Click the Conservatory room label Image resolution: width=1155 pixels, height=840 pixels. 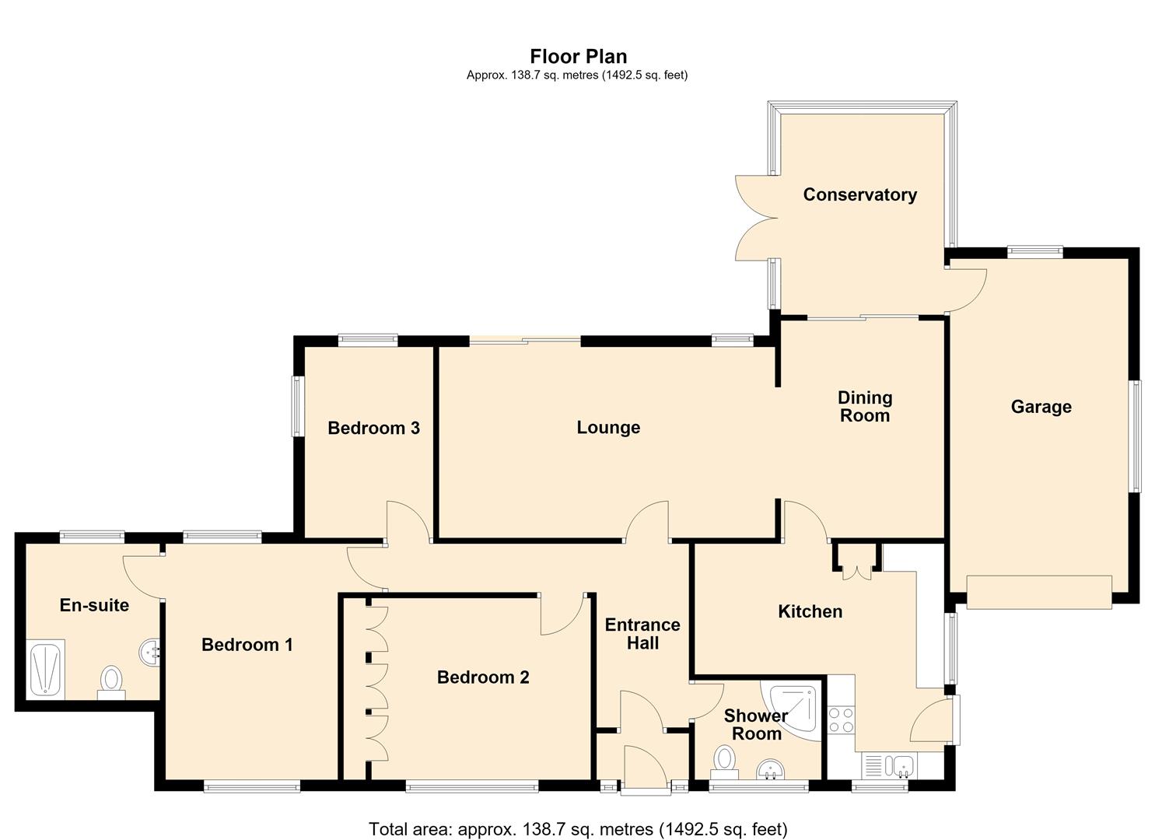859,194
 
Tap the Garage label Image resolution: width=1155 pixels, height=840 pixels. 1041,406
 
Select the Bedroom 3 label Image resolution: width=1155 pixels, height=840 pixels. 373,428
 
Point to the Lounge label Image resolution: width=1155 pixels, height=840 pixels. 608,427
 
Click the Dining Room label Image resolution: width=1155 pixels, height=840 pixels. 865,406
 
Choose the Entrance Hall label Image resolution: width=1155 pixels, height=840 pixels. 642,634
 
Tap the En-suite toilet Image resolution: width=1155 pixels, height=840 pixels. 111,683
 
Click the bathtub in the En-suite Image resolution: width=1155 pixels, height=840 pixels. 46,669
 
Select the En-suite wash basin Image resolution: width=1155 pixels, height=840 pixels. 149,652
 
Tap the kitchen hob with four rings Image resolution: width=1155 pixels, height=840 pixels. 841,720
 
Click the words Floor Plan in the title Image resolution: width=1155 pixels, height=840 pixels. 579,56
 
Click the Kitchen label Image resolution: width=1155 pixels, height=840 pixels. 810,611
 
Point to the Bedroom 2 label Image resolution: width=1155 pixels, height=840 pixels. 483,677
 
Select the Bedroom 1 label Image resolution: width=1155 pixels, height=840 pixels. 247,645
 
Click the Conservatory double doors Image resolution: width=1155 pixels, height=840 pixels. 757,218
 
